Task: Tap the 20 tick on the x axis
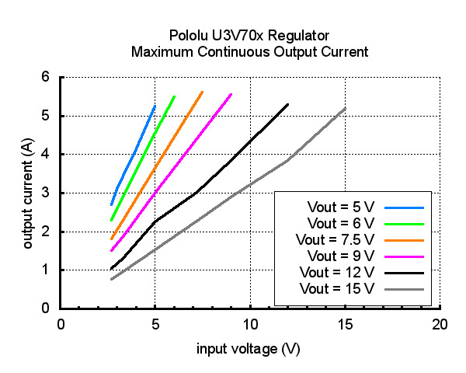click(x=440, y=323)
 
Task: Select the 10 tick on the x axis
click(x=250, y=323)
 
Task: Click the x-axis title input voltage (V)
click(x=248, y=349)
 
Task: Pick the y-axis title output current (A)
click(x=28, y=193)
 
